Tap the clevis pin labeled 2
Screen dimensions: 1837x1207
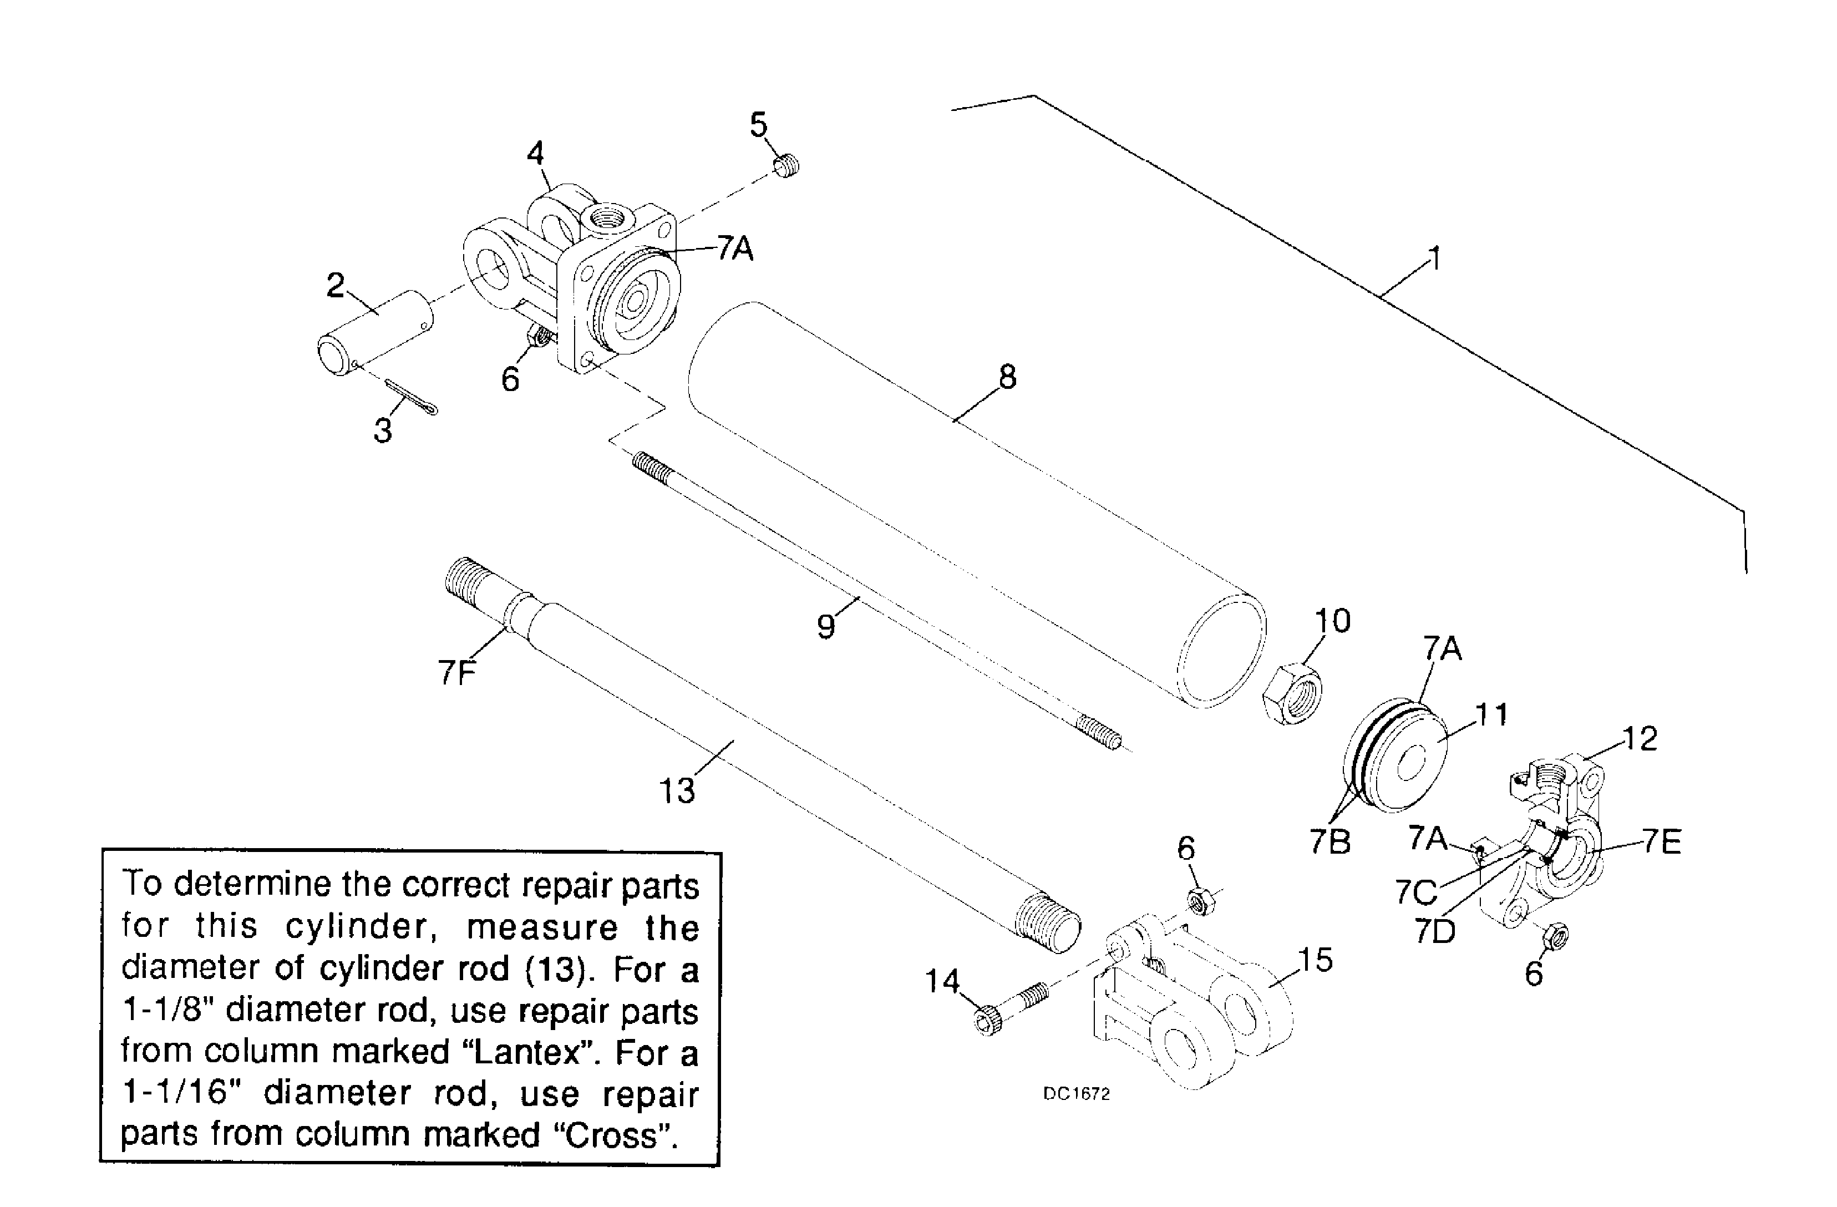377,332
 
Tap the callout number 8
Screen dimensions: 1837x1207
1007,377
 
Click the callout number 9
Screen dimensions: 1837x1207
826,626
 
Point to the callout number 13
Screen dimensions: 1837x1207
677,791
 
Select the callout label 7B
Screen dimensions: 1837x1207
1330,842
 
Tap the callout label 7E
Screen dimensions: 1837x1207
1662,841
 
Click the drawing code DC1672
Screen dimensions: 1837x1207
1076,1093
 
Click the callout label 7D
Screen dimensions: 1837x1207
1435,931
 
